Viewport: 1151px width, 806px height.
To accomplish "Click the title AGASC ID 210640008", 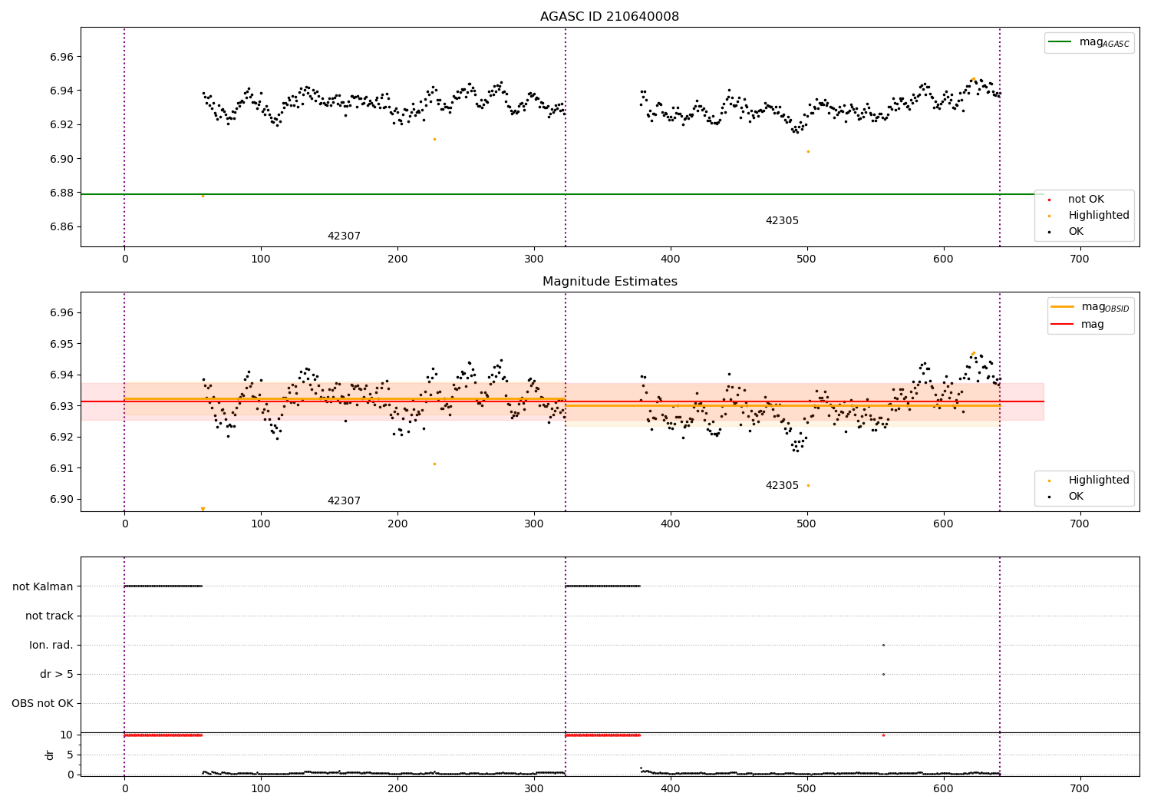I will (609, 17).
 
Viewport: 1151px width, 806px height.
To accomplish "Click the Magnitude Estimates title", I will (609, 282).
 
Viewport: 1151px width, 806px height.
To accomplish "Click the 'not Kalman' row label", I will (43, 586).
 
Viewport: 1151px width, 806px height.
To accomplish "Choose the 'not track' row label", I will (49, 616).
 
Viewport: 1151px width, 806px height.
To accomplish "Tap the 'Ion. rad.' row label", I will (51, 645).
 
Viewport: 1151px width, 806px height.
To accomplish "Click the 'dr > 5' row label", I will (57, 674).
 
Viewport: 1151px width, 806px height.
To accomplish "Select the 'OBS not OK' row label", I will (42, 703).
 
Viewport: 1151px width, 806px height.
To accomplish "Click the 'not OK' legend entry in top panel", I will (1086, 199).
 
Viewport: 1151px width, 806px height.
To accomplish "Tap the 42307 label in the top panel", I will (344, 236).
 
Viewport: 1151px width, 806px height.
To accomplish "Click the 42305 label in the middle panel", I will (782, 486).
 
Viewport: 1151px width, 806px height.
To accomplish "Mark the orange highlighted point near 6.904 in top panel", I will (808, 151).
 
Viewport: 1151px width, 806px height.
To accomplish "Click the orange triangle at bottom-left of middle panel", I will (203, 509).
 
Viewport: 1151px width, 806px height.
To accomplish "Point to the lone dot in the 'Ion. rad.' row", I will (883, 645).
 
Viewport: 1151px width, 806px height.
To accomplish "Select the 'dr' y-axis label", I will (50, 755).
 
